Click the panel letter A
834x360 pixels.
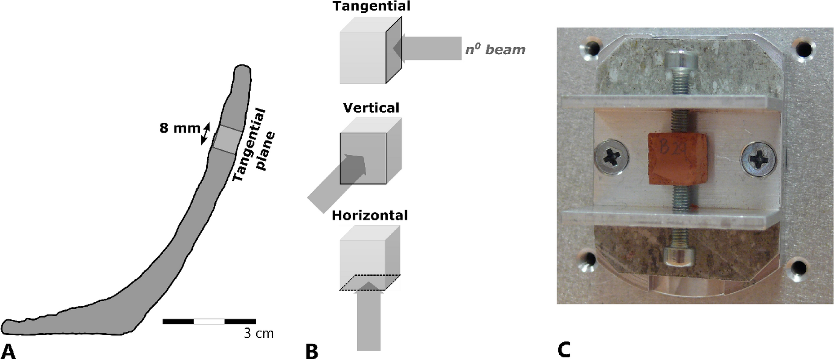pyautogui.click(x=9, y=351)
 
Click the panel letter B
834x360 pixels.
pyautogui.click(x=311, y=352)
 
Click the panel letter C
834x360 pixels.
pyautogui.click(x=564, y=349)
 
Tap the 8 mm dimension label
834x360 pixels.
pyautogui.click(x=180, y=128)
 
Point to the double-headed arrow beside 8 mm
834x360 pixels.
pyautogui.click(x=206, y=134)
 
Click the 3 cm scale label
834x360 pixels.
pyautogui.click(x=259, y=334)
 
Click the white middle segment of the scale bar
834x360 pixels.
pyautogui.click(x=209, y=322)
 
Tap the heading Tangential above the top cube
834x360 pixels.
pyautogui.click(x=371, y=6)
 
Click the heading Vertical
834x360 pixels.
pyautogui.click(x=371, y=108)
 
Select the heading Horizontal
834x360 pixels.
pyautogui.click(x=370, y=215)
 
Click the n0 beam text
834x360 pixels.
pyautogui.click(x=495, y=49)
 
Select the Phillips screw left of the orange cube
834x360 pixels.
pyautogui.click(x=612, y=157)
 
